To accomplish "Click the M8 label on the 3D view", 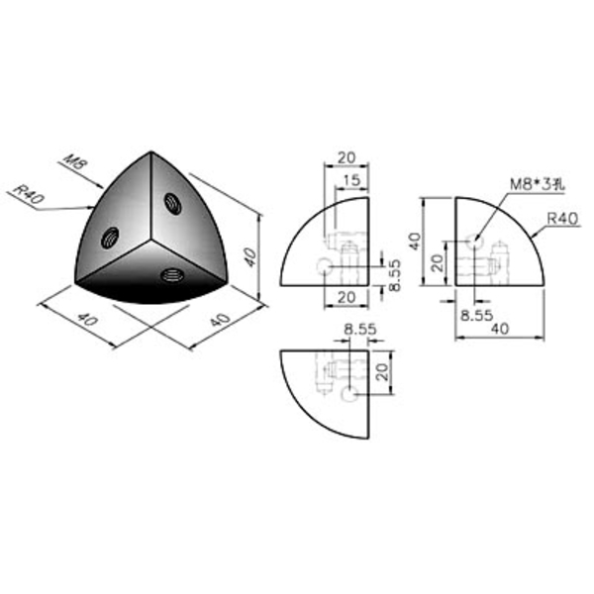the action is click(76, 162).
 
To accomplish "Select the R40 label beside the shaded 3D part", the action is click(29, 193).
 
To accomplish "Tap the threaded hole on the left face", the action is click(110, 238).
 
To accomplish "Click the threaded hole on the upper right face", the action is click(172, 203).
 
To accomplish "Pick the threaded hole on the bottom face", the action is click(171, 274).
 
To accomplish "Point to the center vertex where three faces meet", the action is click(150, 240).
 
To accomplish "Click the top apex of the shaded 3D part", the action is click(151, 151).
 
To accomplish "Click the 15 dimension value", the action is click(351, 180).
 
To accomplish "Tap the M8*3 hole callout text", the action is click(538, 184).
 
